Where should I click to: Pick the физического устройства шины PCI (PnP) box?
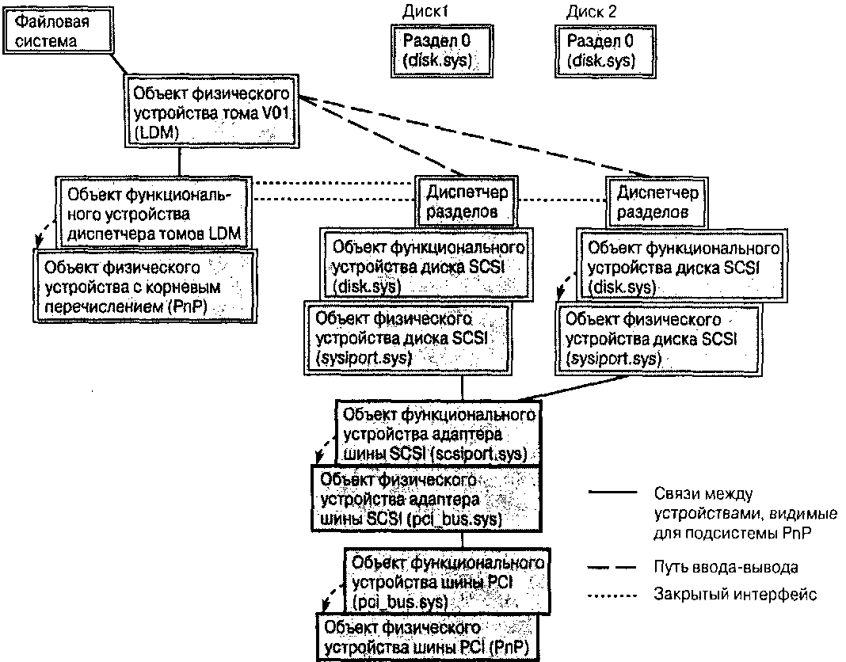click(429, 638)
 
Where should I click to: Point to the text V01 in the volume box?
click(279, 112)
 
